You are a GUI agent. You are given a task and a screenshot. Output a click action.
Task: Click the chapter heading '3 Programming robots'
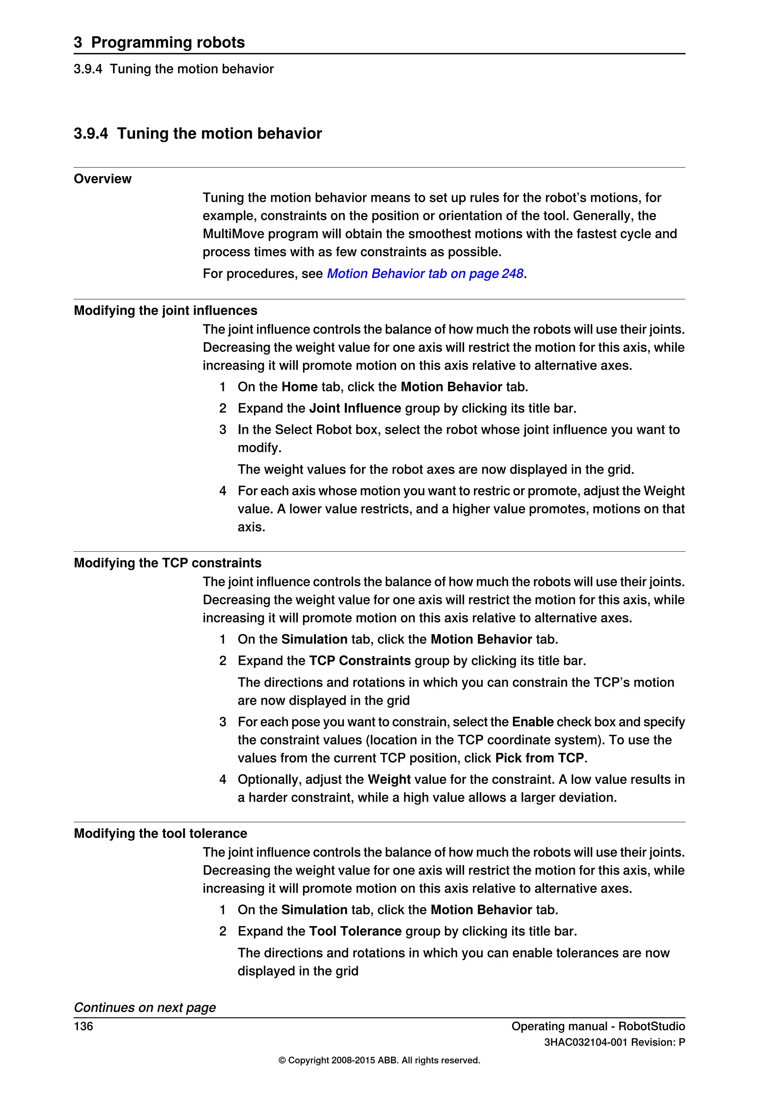pyautogui.click(x=159, y=42)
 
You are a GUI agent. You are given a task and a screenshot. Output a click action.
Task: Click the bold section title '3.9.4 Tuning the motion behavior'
pyautogui.click(x=198, y=133)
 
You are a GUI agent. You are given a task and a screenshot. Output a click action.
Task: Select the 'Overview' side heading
pyautogui.click(x=102, y=179)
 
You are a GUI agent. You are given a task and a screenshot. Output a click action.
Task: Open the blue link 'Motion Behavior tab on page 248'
pyautogui.click(x=425, y=274)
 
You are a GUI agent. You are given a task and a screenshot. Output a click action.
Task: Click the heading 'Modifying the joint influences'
pyautogui.click(x=166, y=310)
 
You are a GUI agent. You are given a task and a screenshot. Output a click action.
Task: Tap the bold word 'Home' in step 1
pyautogui.click(x=299, y=387)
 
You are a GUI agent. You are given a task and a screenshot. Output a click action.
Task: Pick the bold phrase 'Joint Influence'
pyautogui.click(x=355, y=408)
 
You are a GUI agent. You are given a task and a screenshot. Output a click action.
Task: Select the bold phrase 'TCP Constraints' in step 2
pyautogui.click(x=360, y=661)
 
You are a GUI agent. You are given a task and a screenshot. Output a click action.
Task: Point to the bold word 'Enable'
pyautogui.click(x=533, y=722)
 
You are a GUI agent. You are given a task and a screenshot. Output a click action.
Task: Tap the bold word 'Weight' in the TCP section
pyautogui.click(x=389, y=779)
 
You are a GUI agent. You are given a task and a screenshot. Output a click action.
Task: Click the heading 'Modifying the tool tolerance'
pyautogui.click(x=160, y=833)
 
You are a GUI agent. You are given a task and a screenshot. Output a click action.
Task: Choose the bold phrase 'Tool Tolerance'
pyautogui.click(x=355, y=931)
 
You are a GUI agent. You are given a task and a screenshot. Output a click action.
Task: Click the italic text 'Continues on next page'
pyautogui.click(x=145, y=1007)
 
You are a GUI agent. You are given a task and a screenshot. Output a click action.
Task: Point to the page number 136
pyautogui.click(x=84, y=1026)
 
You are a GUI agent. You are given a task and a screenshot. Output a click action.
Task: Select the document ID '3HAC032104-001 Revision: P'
pyautogui.click(x=615, y=1042)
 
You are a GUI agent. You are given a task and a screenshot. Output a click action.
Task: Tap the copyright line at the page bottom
pyautogui.click(x=379, y=1060)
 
